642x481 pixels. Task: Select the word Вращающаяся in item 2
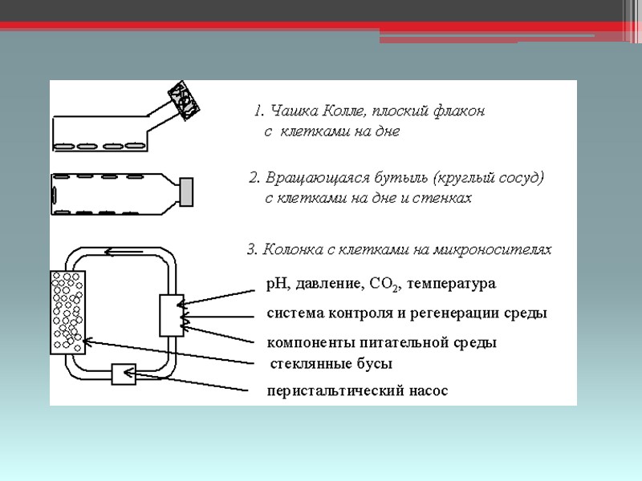(x=309, y=177)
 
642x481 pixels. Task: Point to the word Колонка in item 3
(x=288, y=250)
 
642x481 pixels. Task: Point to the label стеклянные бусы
(x=330, y=365)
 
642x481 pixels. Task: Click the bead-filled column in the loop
(x=68, y=311)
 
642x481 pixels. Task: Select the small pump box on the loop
(x=124, y=374)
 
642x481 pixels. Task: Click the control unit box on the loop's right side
(x=172, y=315)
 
